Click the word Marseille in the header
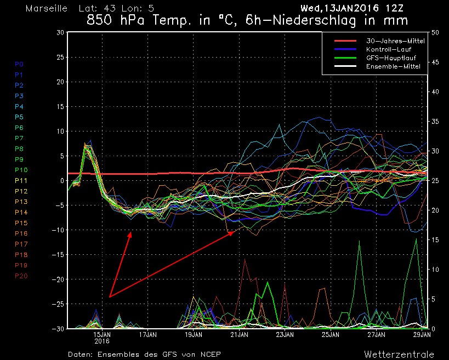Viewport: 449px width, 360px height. pos(47,9)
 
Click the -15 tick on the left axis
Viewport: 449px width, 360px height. pos(58,254)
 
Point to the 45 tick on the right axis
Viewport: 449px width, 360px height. pos(436,62)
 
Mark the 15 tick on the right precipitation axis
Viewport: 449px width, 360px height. pos(436,239)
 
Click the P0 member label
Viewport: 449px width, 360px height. pos(19,64)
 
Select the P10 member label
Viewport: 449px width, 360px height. pos(21,170)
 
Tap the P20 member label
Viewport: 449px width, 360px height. pos(21,276)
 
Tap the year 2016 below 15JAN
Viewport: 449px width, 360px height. pos(102,340)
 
